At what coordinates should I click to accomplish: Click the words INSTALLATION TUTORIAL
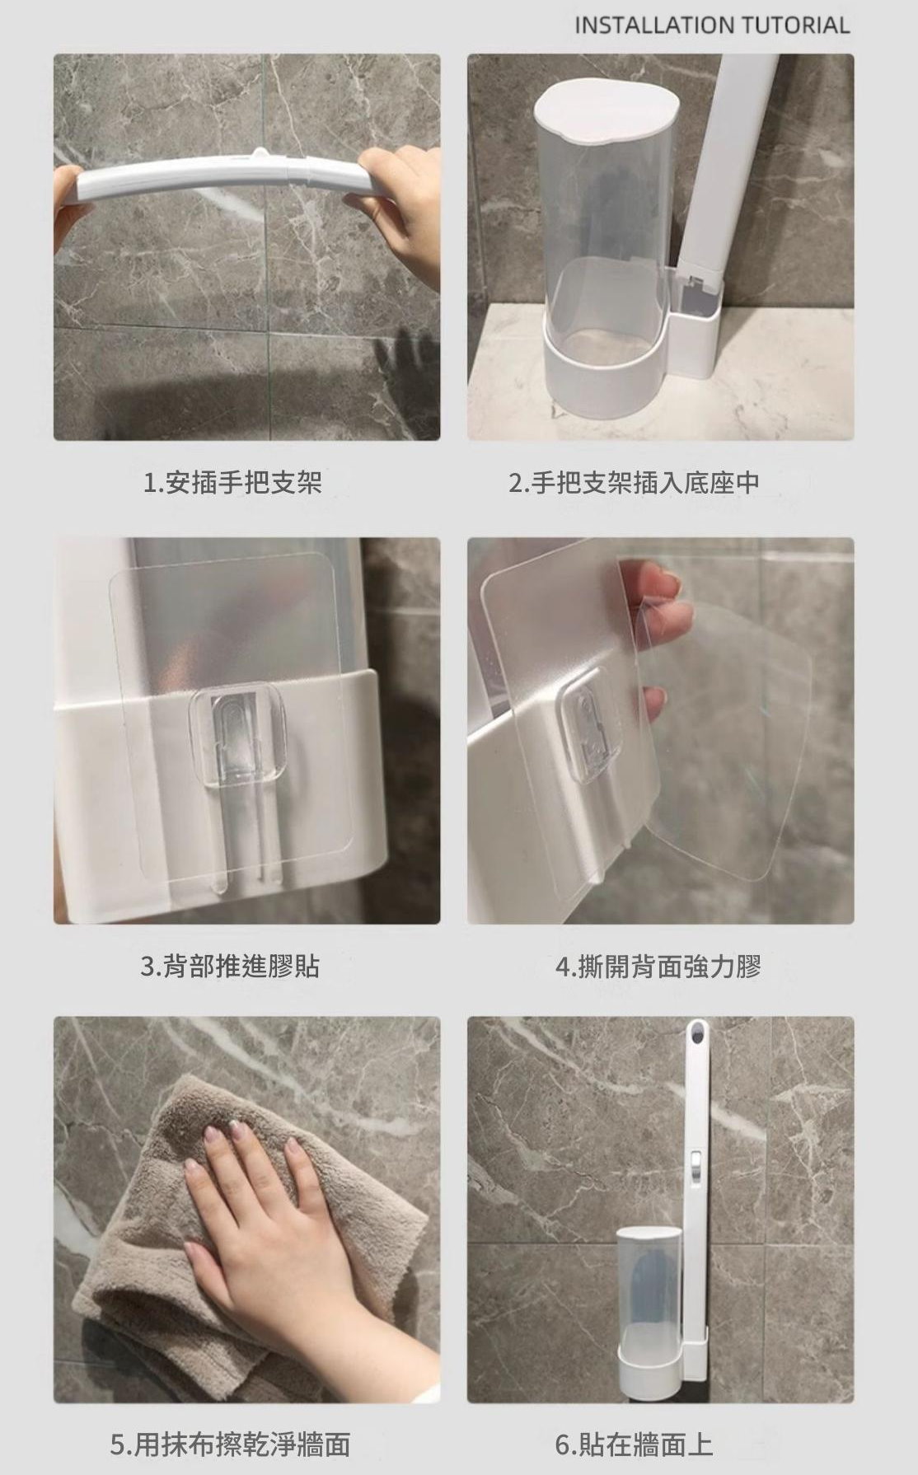tap(711, 26)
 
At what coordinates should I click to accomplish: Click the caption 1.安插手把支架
tap(232, 483)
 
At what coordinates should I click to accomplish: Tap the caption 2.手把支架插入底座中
tap(635, 483)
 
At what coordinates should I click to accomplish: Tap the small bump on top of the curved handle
tap(260, 152)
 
